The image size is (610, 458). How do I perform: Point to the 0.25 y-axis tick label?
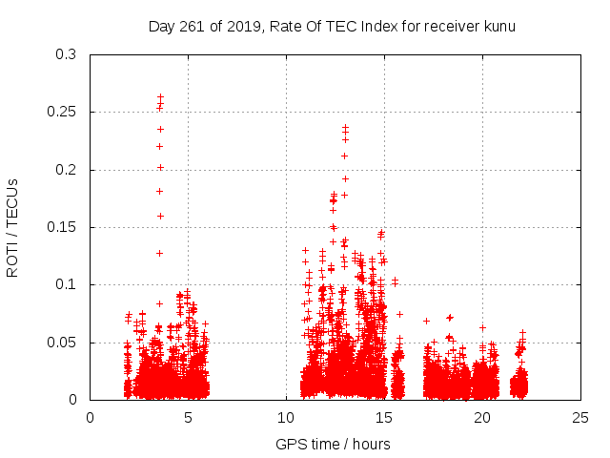(x=67, y=113)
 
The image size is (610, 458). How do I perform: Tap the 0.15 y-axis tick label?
(x=67, y=227)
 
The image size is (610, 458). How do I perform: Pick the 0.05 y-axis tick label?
(x=67, y=342)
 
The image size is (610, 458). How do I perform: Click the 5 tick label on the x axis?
(x=188, y=417)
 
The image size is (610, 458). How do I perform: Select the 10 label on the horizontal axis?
(x=286, y=417)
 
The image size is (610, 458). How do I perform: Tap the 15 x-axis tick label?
(x=384, y=417)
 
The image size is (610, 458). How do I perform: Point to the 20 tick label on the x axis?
(x=482, y=417)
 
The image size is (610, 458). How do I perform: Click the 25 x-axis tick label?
(x=580, y=417)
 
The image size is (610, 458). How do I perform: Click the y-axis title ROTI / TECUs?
(x=12, y=227)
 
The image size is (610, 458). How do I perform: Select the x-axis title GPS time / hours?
(x=333, y=444)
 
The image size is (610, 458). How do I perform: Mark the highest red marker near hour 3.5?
(x=160, y=96)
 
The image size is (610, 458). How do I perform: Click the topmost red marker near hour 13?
(x=345, y=126)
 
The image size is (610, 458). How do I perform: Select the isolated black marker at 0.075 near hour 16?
(x=399, y=314)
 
